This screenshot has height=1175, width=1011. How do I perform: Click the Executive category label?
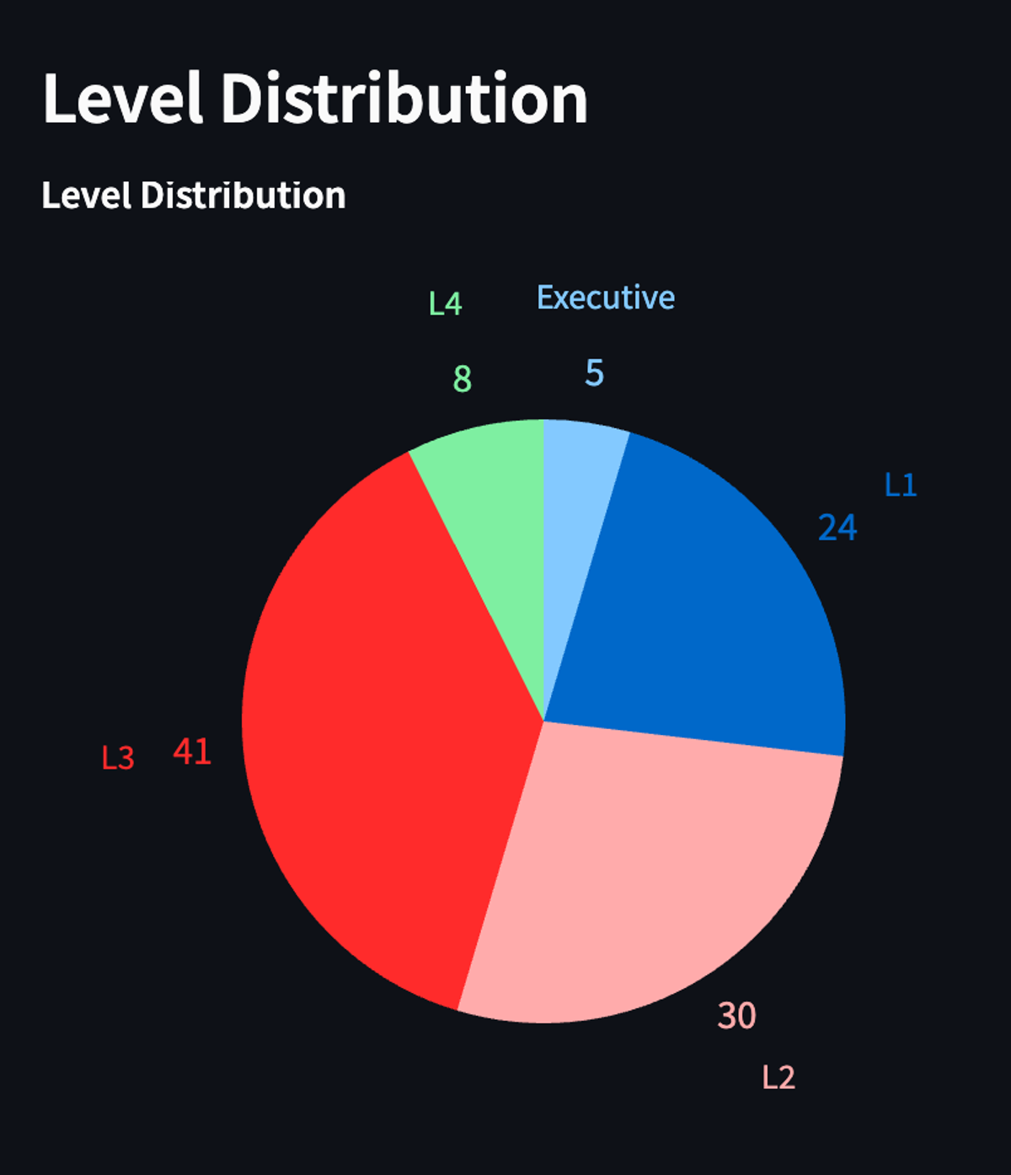click(x=606, y=298)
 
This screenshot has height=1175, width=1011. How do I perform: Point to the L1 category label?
click(x=900, y=485)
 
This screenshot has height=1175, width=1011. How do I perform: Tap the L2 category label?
click(x=778, y=1077)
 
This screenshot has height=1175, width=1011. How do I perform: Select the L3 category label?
click(x=118, y=758)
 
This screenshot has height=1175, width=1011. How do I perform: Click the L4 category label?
click(x=445, y=303)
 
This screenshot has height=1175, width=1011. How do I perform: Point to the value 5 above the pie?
click(x=595, y=373)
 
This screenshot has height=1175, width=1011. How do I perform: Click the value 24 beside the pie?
click(x=837, y=528)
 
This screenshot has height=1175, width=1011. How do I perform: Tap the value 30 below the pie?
click(x=736, y=1016)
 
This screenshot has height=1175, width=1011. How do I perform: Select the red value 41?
click(x=192, y=751)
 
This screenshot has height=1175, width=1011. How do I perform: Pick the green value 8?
click(x=462, y=379)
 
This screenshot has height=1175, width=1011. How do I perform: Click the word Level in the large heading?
click(x=123, y=99)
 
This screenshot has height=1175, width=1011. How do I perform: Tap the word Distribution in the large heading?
click(x=404, y=99)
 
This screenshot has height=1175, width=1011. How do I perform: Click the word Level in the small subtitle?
click(x=87, y=196)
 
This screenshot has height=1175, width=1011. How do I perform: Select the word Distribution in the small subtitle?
click(x=243, y=196)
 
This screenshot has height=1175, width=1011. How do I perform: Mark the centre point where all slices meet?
click(x=543, y=722)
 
